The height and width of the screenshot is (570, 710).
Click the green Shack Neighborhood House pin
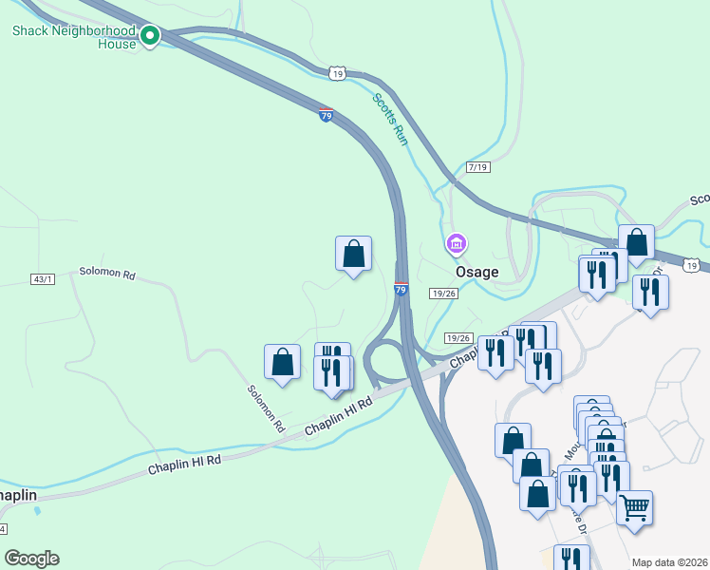[x=150, y=36]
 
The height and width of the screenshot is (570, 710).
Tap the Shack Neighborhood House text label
[x=74, y=37]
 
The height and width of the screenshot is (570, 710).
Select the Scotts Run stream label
[x=389, y=119]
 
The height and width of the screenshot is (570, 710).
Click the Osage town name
[x=476, y=272]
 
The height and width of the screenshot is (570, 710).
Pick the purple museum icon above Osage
[x=456, y=244]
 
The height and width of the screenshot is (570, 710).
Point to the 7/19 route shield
[x=478, y=167]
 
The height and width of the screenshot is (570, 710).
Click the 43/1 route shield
[x=44, y=278]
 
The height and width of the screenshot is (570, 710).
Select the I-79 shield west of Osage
[x=402, y=288]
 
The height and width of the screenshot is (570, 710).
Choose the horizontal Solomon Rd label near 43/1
[x=107, y=275]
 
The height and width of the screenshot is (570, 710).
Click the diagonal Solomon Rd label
[x=267, y=408]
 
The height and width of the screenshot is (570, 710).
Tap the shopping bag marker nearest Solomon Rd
[x=282, y=361]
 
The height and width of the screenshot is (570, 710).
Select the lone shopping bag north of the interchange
[x=353, y=253]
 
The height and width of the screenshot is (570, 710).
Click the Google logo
[x=31, y=559]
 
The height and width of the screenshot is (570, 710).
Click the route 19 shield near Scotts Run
[x=338, y=73]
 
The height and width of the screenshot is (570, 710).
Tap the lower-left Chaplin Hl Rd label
[x=184, y=465]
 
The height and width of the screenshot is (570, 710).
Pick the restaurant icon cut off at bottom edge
[x=570, y=558]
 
